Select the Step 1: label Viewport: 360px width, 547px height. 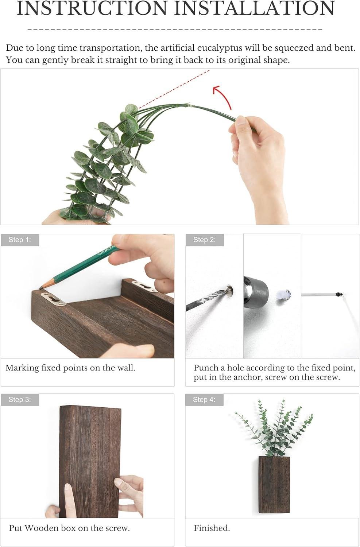coord(20,240)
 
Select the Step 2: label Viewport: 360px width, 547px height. coord(204,240)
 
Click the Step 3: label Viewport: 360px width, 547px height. coord(20,400)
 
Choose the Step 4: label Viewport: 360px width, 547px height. coord(204,400)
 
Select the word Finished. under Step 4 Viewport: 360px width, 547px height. coord(212,528)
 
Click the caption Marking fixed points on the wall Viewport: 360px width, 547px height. coord(70,368)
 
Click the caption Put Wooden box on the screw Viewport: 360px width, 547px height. coord(69,528)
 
